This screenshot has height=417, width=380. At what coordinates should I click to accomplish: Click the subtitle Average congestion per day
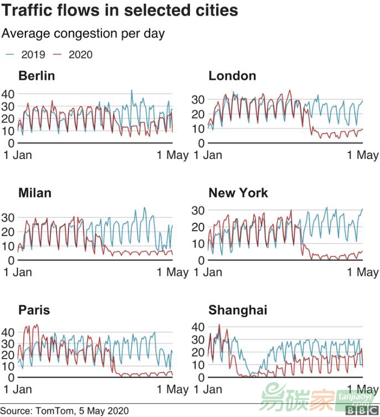point(83,34)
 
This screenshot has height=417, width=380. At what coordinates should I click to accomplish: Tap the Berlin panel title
point(37,76)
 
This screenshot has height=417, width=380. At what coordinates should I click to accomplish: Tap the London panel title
point(232,76)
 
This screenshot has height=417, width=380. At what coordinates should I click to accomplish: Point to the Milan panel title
point(34,193)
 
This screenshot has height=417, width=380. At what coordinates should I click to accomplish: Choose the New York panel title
point(238,193)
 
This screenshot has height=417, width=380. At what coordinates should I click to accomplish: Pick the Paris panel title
point(34,310)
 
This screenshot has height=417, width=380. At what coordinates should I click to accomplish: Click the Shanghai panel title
point(238,310)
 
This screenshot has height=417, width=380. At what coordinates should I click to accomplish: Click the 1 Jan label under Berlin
point(18,155)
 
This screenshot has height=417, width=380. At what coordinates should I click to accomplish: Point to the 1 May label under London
point(363,155)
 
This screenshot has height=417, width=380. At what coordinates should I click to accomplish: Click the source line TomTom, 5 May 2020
point(65,410)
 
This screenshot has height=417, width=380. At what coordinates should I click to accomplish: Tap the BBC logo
point(362,411)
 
